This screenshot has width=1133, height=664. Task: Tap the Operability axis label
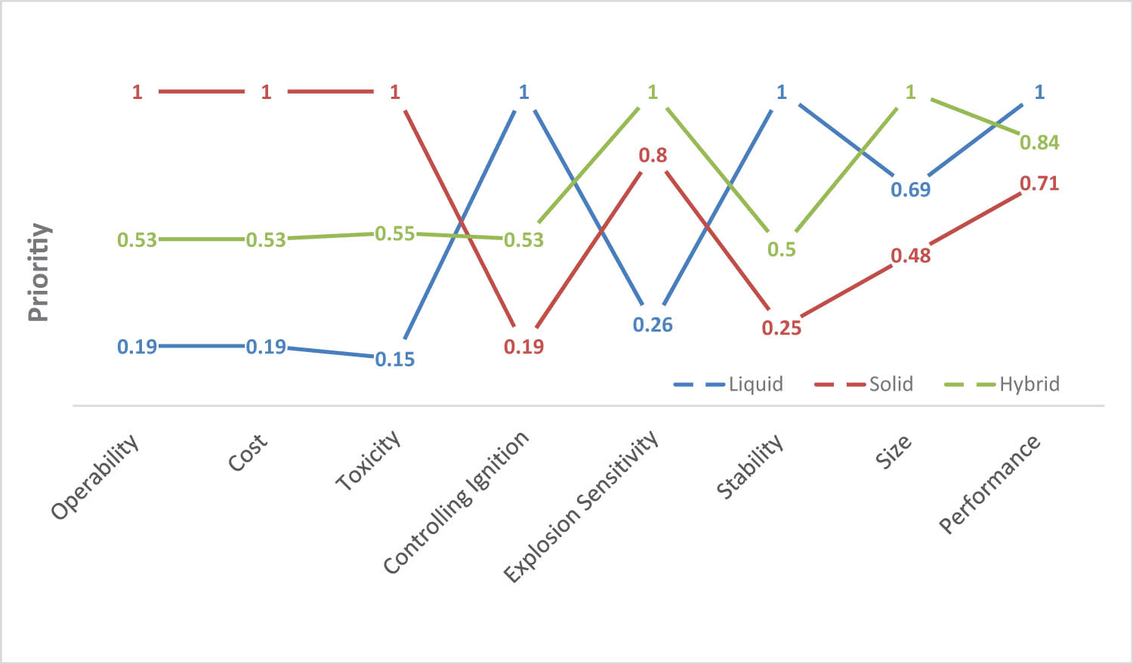tap(96, 477)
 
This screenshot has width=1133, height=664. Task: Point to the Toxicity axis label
tap(368, 462)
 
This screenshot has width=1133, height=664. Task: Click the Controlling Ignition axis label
tap(456, 502)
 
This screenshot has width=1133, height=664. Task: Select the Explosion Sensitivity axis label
tap(581, 507)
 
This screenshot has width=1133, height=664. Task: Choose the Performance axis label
tap(989, 484)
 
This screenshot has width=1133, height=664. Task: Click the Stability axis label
tap(750, 467)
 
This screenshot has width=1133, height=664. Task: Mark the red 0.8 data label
tap(653, 156)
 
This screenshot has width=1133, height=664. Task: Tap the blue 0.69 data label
tap(910, 190)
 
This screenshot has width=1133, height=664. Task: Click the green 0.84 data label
tap(1039, 143)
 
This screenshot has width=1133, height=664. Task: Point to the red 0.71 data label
tap(1039, 184)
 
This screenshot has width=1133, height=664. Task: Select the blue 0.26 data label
tap(653, 325)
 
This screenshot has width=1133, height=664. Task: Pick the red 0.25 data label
tap(781, 328)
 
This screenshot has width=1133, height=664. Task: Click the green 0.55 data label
tap(395, 234)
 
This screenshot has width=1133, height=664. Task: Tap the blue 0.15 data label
tap(395, 360)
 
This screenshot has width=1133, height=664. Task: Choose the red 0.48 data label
tap(910, 256)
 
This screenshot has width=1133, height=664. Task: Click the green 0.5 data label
tap(781, 250)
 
